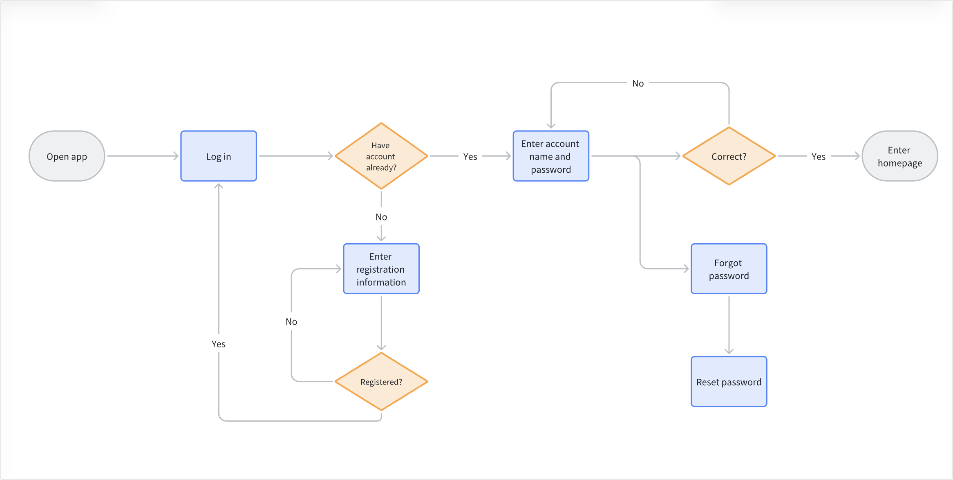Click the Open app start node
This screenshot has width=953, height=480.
[67, 156]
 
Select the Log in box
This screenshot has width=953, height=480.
[219, 156]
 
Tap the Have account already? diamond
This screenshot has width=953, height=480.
[381, 156]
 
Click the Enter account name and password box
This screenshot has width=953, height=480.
[550, 156]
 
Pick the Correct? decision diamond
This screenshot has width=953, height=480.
[729, 156]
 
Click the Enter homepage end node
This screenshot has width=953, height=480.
[899, 156]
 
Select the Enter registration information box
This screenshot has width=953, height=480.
[381, 269]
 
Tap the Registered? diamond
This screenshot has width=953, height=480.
[381, 382]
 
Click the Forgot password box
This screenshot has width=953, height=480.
[729, 269]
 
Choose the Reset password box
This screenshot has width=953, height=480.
[729, 382]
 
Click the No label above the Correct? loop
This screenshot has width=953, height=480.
[638, 83]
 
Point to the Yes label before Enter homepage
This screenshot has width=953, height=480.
[818, 156]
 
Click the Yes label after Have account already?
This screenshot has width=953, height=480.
[470, 156]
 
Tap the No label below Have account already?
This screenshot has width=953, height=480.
[381, 217]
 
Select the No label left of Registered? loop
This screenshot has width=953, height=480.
[291, 322]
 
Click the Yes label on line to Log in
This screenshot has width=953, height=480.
[218, 344]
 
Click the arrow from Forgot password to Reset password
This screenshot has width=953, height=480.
[729, 324]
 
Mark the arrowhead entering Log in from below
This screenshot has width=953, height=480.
[219, 187]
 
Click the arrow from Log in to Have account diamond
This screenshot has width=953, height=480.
[295, 156]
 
